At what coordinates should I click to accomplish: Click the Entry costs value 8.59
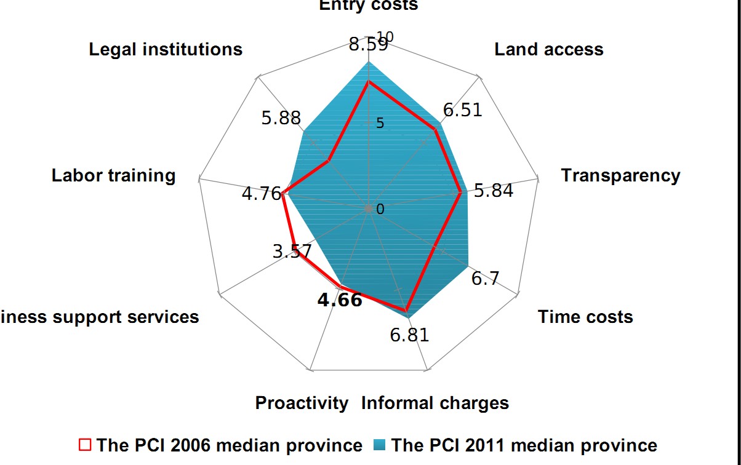367,45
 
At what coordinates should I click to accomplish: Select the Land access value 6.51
463,110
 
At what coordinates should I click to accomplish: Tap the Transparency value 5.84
494,191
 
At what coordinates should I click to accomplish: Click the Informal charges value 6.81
409,335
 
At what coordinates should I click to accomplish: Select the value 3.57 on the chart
291,252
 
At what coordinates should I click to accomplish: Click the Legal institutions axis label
166,49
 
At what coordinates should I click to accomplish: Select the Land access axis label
549,49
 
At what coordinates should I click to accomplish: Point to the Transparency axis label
620,175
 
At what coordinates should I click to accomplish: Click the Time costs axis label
585,317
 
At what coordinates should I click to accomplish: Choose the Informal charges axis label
435,403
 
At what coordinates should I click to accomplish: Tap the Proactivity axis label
302,403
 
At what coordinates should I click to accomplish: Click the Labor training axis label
114,175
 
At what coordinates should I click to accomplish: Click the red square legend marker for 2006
85,445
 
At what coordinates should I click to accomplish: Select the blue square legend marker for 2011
380,445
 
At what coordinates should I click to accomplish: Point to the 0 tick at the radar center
380,210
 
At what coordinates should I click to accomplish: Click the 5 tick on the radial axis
380,124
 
